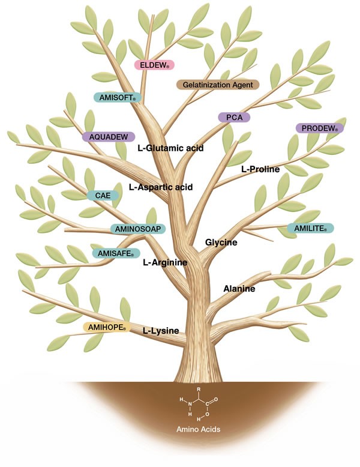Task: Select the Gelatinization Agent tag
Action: pyautogui.click(x=217, y=85)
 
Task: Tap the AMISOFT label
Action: pyautogui.click(x=116, y=97)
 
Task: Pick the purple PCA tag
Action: pyautogui.click(x=233, y=118)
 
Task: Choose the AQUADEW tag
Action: pyautogui.click(x=108, y=137)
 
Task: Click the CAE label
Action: pyautogui.click(x=100, y=195)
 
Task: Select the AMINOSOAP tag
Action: pyautogui.click(x=137, y=229)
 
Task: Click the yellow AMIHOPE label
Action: pyautogui.click(x=107, y=327)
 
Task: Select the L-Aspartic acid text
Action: pyautogui.click(x=161, y=187)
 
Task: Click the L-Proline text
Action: pyautogui.click(x=260, y=169)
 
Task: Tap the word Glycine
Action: pyautogui.click(x=221, y=243)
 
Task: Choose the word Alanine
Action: pyautogui.click(x=239, y=289)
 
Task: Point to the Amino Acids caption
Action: pyautogui.click(x=197, y=430)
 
